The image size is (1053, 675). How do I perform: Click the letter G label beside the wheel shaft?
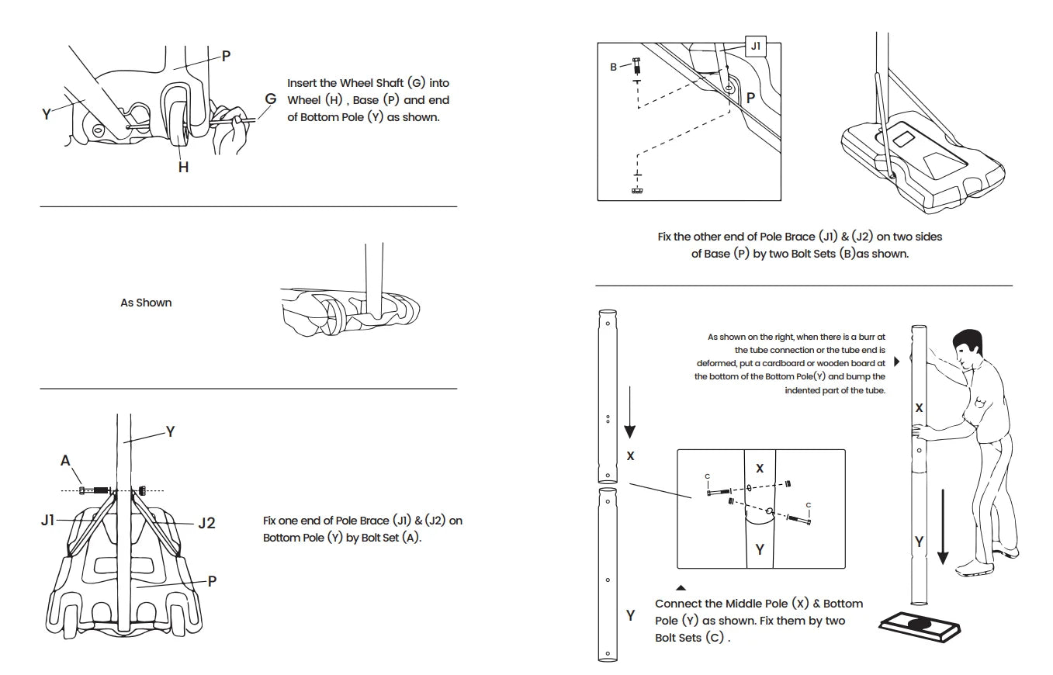coord(270,99)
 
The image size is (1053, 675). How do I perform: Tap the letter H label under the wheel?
coord(183,167)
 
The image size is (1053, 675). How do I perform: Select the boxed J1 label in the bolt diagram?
coord(755,47)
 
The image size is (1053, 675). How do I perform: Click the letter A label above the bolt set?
coord(65,460)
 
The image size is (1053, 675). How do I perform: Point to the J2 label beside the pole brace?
coord(206,523)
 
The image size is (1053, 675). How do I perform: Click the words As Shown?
coord(146,303)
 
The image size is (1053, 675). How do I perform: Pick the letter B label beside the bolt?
coord(613,67)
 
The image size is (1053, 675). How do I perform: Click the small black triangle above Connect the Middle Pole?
coord(681,588)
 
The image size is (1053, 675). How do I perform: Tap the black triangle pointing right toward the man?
coord(897,362)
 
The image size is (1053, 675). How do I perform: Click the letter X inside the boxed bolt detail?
coord(760,468)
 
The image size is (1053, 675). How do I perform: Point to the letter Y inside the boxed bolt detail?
coord(760,549)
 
